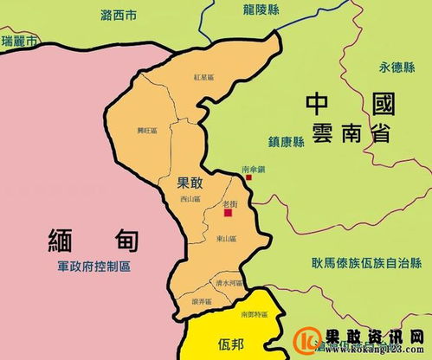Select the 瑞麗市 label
click(x=20, y=42)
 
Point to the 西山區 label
click(x=190, y=199)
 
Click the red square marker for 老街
click(x=229, y=212)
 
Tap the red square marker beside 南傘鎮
click(x=248, y=177)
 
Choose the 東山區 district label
click(x=225, y=239)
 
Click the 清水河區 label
click(x=228, y=283)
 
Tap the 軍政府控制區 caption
click(x=89, y=267)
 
